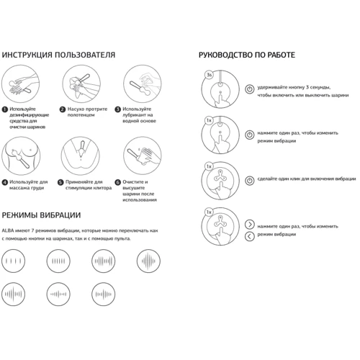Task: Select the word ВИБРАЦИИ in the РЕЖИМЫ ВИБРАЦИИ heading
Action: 60,215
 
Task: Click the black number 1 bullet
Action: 4,109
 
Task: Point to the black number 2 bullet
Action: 63,109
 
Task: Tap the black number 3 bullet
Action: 117,109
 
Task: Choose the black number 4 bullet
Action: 4,183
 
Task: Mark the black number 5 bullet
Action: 60,183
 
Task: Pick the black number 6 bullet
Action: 117,183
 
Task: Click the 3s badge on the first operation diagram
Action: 210,75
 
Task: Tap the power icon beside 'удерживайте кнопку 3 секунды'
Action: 250,89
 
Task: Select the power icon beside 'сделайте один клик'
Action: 250,181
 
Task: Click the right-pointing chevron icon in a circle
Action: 250,225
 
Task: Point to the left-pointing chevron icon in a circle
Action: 250,236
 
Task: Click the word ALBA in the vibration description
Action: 8,231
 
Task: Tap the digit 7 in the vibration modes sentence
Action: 33,231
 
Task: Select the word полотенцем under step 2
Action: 81,115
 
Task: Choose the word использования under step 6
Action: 140,200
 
